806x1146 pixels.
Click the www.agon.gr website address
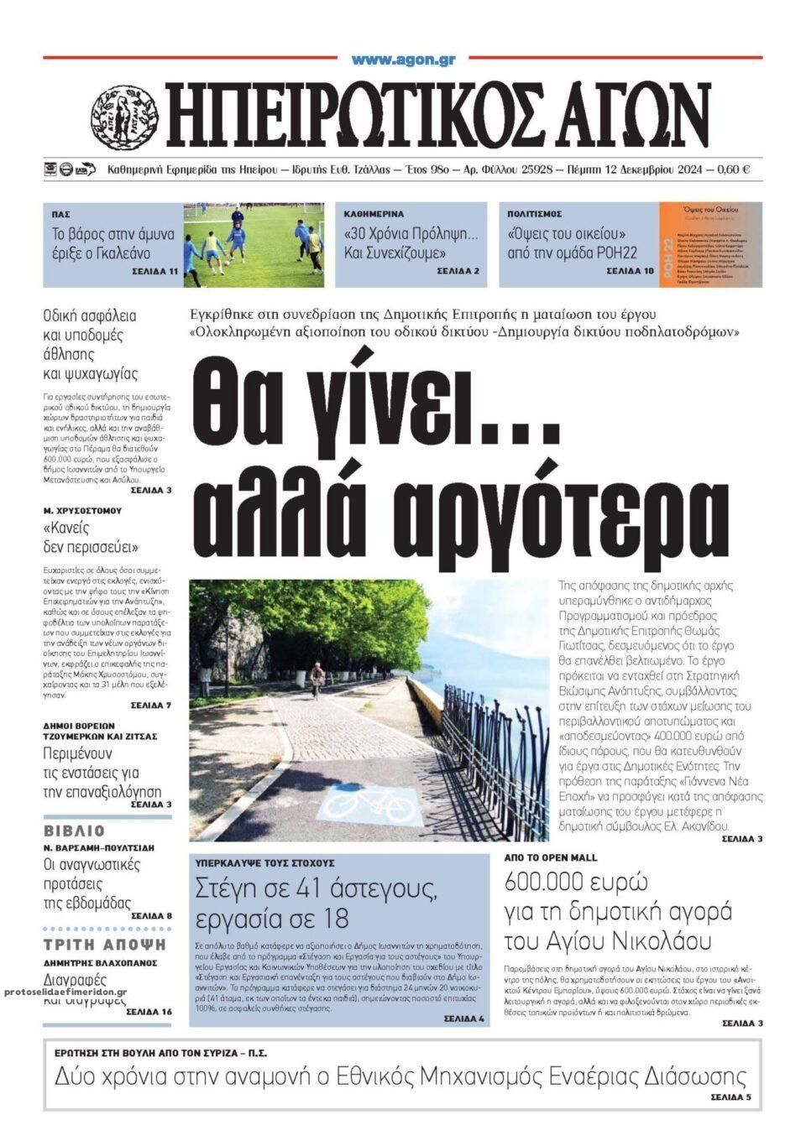[403, 60]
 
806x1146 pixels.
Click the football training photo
[254, 244]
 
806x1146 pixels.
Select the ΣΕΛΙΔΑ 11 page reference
[154, 273]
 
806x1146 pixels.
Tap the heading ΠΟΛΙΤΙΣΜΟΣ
[535, 214]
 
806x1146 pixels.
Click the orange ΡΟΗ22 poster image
[710, 244]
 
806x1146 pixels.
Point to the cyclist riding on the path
[317, 679]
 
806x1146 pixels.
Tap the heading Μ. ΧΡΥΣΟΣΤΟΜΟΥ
[82, 510]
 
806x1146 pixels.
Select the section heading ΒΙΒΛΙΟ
[74, 831]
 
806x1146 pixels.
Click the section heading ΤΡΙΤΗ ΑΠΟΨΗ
[104, 945]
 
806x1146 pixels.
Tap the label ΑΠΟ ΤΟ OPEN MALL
[551, 858]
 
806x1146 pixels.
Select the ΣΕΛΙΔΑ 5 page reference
[730, 1097]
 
